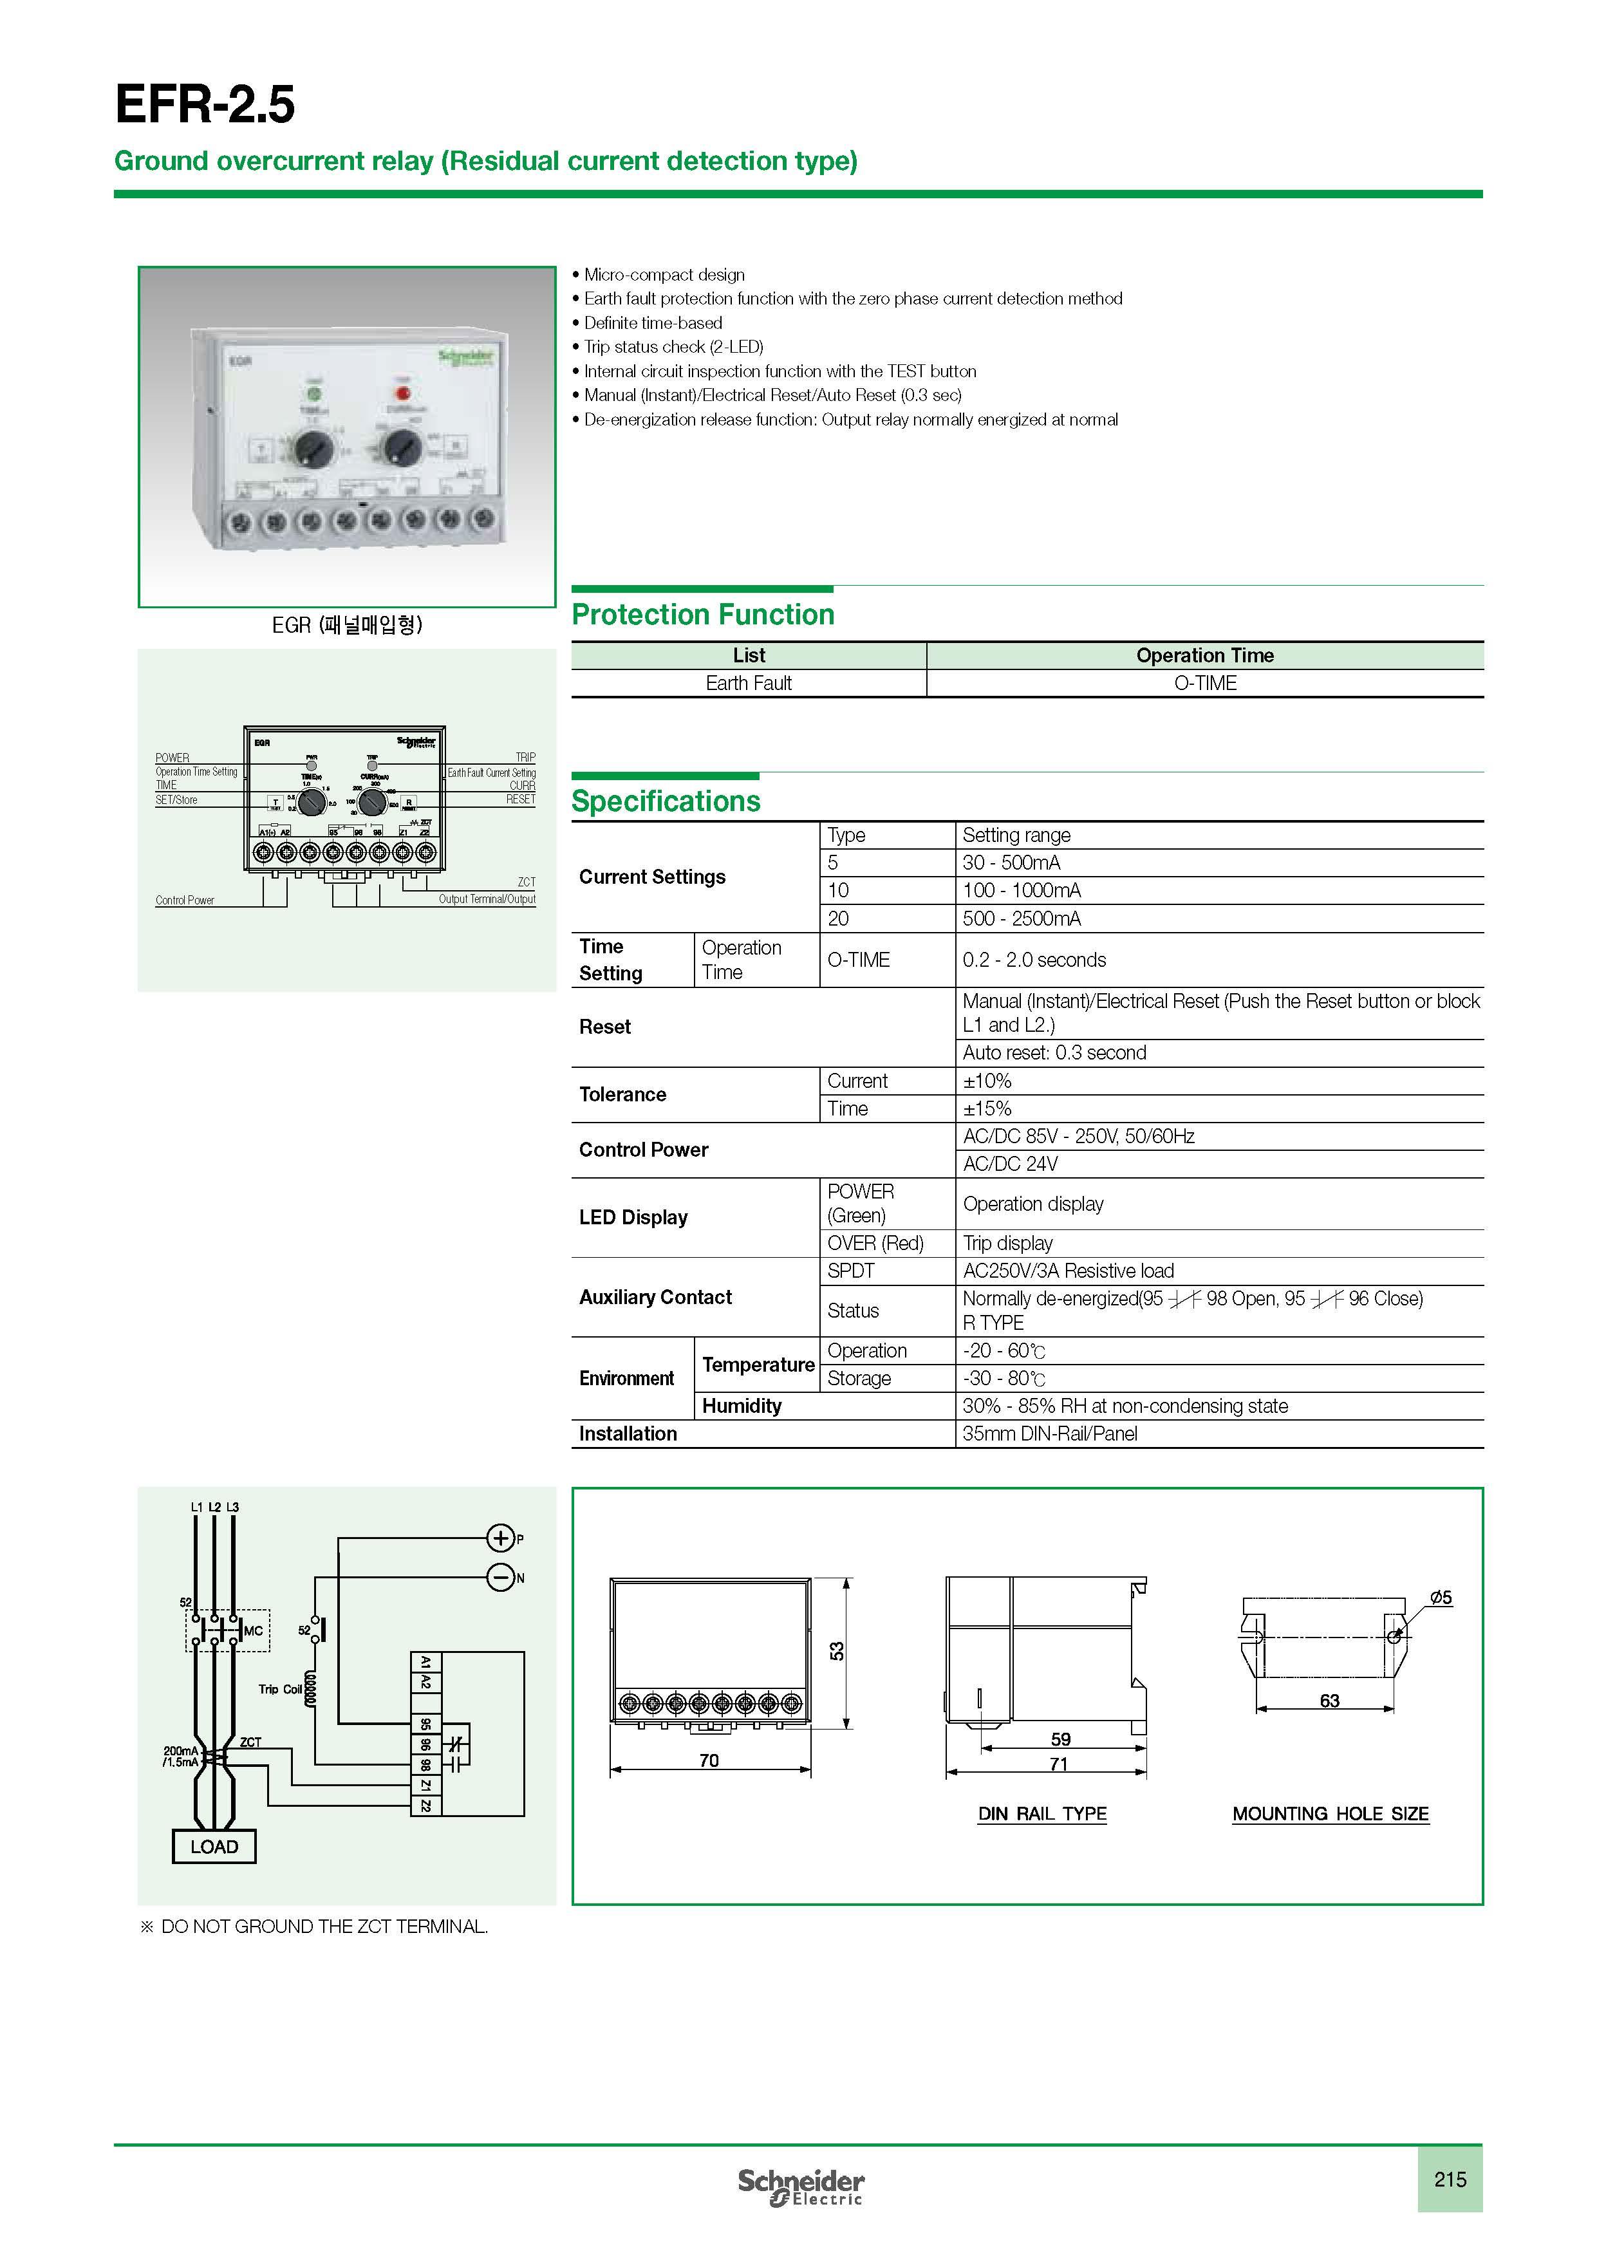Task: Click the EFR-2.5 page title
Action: pyautogui.click(x=205, y=104)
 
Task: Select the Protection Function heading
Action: pyautogui.click(x=702, y=615)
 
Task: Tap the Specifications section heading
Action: pyautogui.click(x=666, y=801)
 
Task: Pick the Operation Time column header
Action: pyautogui.click(x=1204, y=656)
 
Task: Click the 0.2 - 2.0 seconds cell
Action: pyautogui.click(x=1034, y=960)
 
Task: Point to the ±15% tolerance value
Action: pyautogui.click(x=987, y=1108)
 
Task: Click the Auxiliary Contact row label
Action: pyautogui.click(x=655, y=1297)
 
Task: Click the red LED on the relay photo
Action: pyautogui.click(x=402, y=395)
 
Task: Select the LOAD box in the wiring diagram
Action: pyautogui.click(x=214, y=1847)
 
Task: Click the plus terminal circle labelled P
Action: pyautogui.click(x=501, y=1538)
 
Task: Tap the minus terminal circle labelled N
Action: pyautogui.click(x=501, y=1578)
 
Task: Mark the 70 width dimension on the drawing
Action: pyautogui.click(x=709, y=1760)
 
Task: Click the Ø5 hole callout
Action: pyautogui.click(x=1441, y=1598)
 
